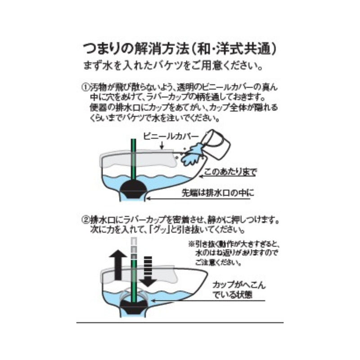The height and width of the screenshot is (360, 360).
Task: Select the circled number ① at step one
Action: pos(84,85)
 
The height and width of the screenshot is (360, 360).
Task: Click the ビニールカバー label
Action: pos(166,135)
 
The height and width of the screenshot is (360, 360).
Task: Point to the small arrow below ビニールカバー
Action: pos(162,145)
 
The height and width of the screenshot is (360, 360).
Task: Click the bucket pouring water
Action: pos(218,144)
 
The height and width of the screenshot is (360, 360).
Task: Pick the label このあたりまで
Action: pos(229,172)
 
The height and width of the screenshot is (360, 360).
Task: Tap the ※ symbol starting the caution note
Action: pos(191,243)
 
